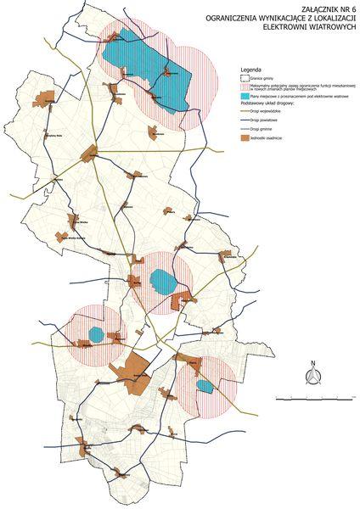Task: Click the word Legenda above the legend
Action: tap(250, 69)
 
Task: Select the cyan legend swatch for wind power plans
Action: tap(246, 98)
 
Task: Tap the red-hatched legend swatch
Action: tap(246, 87)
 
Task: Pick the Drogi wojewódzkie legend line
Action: tap(247, 111)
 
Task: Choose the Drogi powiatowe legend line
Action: tap(247, 120)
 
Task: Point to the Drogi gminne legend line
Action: tap(247, 128)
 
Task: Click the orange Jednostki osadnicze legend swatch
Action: tap(246, 137)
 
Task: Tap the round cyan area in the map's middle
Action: tap(161, 280)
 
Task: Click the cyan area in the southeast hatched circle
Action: tap(205, 386)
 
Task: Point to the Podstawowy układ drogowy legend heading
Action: tap(269, 104)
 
